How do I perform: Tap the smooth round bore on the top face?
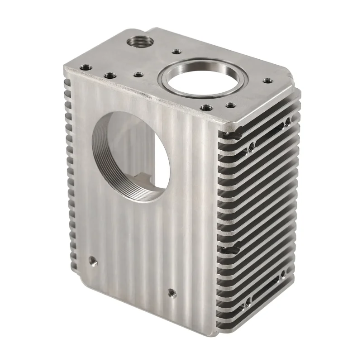tap(200, 82)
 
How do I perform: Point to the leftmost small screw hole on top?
tap(84, 67)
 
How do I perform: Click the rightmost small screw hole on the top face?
tap(267, 81)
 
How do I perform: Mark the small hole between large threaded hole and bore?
tap(174, 52)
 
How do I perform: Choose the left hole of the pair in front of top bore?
tap(206, 108)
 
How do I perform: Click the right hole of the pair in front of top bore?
tap(230, 105)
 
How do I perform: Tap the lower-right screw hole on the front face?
tap(171, 293)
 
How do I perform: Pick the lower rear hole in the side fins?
tap(283, 274)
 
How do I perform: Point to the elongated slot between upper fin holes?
tap(268, 133)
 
